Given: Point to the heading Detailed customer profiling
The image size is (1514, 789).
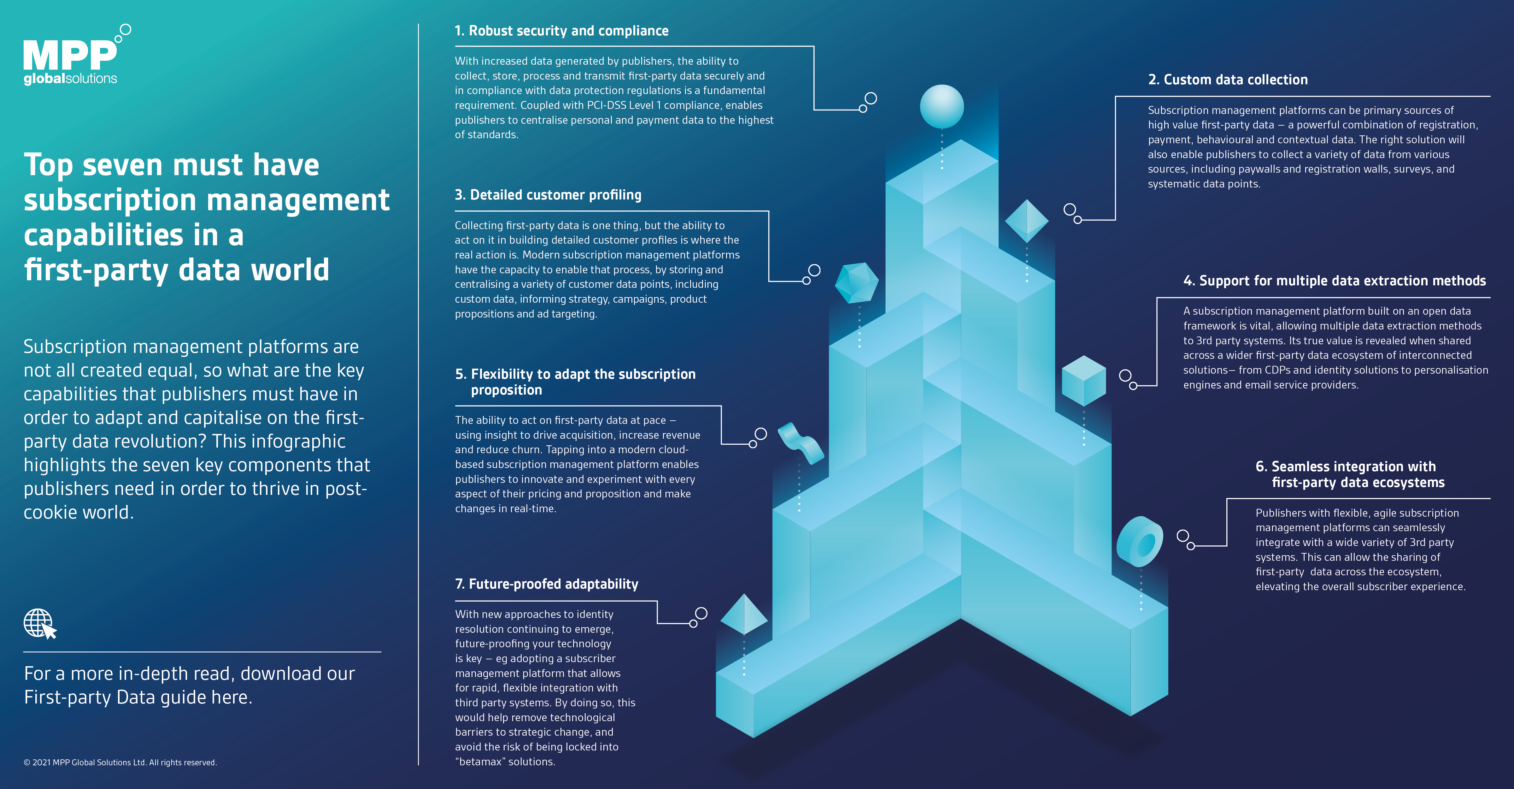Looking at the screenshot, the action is point(548,195).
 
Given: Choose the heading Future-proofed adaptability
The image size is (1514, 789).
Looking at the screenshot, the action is point(547,584).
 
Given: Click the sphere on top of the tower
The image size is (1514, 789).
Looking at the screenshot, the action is point(942,106).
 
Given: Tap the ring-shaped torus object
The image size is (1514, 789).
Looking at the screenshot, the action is point(1140,542).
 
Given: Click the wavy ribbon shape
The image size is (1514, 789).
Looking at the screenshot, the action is point(801,442).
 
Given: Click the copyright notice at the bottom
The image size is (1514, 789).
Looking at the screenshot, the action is point(120,762).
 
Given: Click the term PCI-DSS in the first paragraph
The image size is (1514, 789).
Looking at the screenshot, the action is point(607,105).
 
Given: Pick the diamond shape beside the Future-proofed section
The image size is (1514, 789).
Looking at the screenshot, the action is point(744,614).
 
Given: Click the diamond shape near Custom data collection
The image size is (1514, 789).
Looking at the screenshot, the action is point(1027,221).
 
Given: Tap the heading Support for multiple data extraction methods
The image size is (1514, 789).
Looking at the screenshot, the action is point(1334,281).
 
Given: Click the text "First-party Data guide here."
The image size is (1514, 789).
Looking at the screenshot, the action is point(138,697).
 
